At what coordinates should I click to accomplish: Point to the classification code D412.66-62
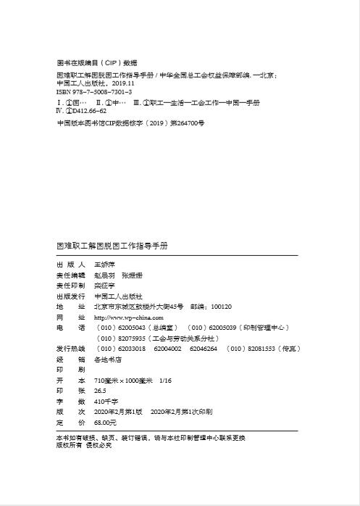point(90,111)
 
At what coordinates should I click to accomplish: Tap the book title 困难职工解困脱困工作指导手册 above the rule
point(112,246)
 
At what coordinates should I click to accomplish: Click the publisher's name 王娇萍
point(106,265)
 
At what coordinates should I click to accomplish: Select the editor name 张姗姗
point(133,275)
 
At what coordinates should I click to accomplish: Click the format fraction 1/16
point(167,380)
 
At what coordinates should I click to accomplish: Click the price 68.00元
point(106,422)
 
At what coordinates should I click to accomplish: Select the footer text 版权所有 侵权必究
point(84,445)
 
